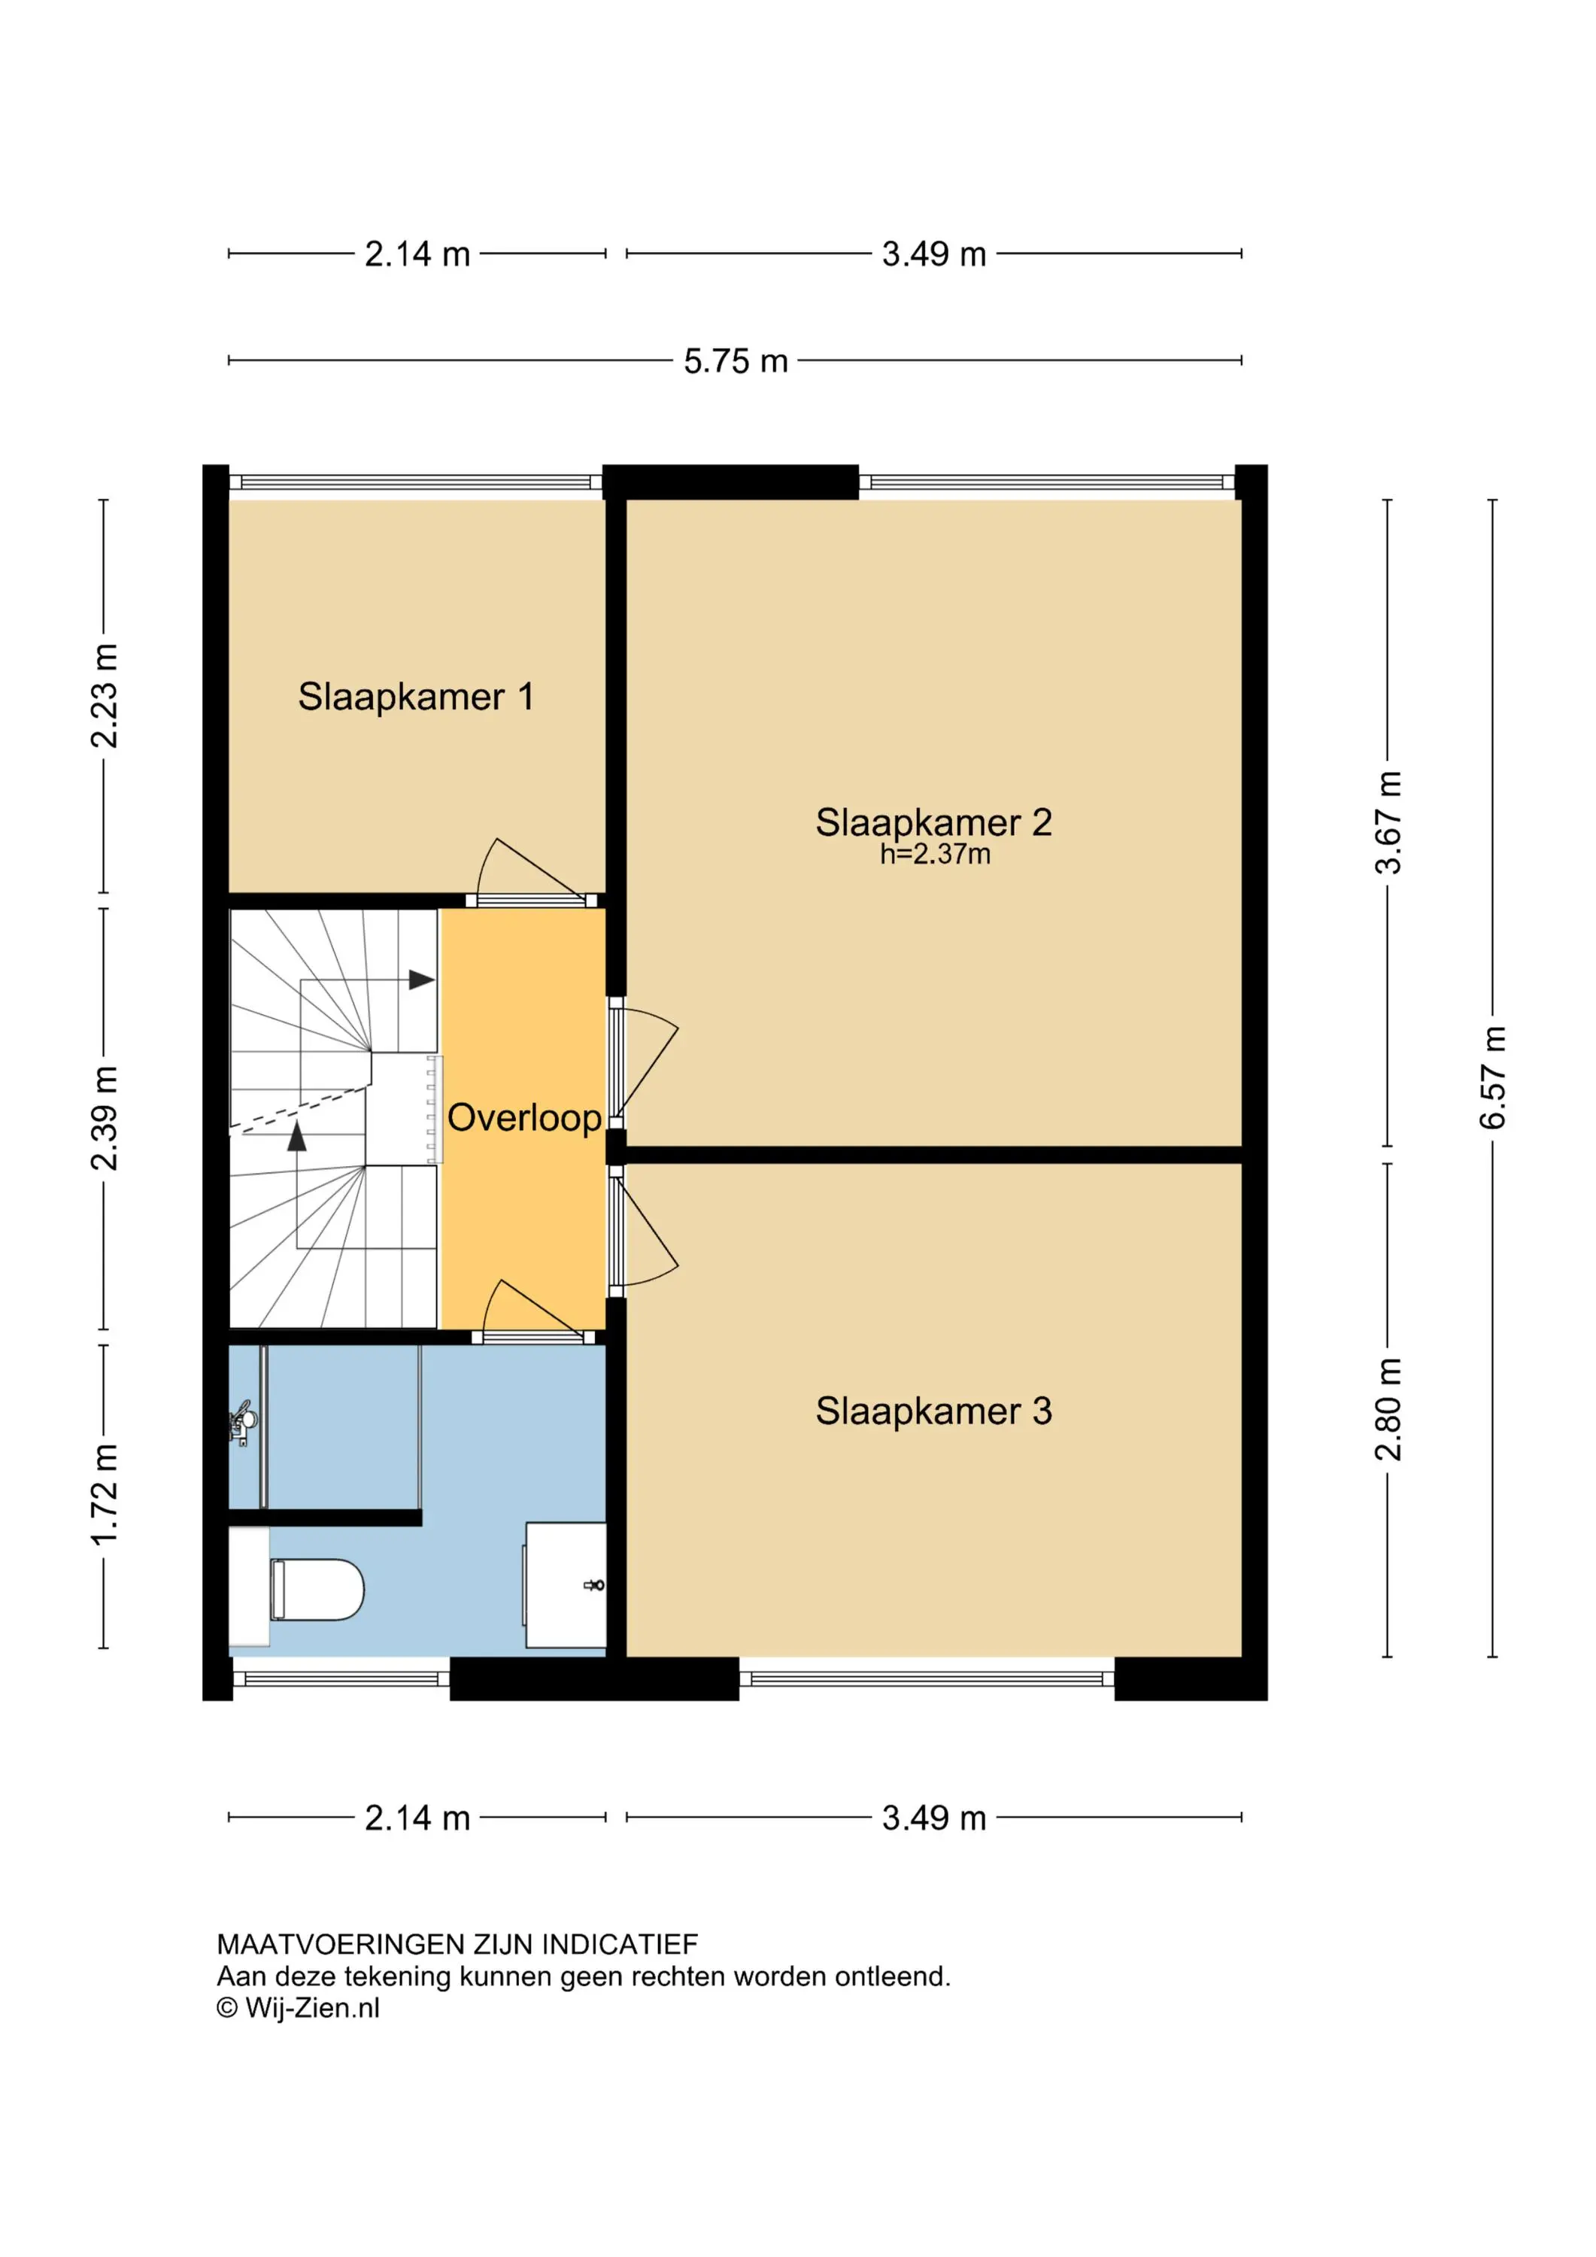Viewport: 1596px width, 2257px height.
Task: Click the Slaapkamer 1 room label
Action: click(x=416, y=696)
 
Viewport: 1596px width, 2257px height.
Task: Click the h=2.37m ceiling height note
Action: click(x=935, y=854)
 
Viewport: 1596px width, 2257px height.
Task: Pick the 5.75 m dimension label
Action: click(x=736, y=361)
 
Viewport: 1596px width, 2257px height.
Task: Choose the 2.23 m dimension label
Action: click(x=105, y=696)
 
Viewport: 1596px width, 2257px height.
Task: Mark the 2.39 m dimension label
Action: click(x=105, y=1119)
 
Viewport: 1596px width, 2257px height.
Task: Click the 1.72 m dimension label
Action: click(x=105, y=1494)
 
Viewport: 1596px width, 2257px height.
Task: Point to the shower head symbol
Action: click(x=243, y=1421)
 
